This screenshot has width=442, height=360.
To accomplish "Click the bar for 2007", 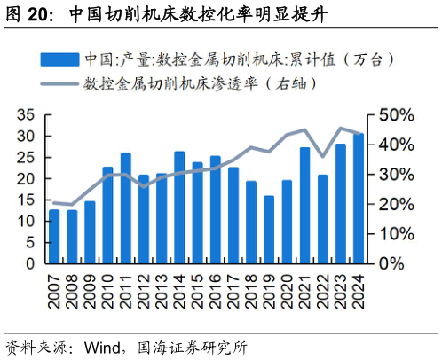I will click(x=54, y=236).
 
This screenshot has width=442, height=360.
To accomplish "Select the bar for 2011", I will click(x=126, y=208).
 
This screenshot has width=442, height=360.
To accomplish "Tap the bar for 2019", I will click(x=269, y=230).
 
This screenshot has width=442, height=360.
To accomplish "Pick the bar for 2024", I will click(x=359, y=199).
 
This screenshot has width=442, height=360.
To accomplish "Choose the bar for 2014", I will click(x=179, y=207).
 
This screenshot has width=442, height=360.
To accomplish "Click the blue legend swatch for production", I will click(x=59, y=60).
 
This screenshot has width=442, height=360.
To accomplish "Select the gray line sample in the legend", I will click(x=59, y=85).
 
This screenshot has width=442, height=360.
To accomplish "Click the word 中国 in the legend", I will click(x=98, y=60).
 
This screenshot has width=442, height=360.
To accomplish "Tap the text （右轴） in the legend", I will click(x=285, y=85).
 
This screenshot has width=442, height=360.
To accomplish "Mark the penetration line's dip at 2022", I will click(x=323, y=156).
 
